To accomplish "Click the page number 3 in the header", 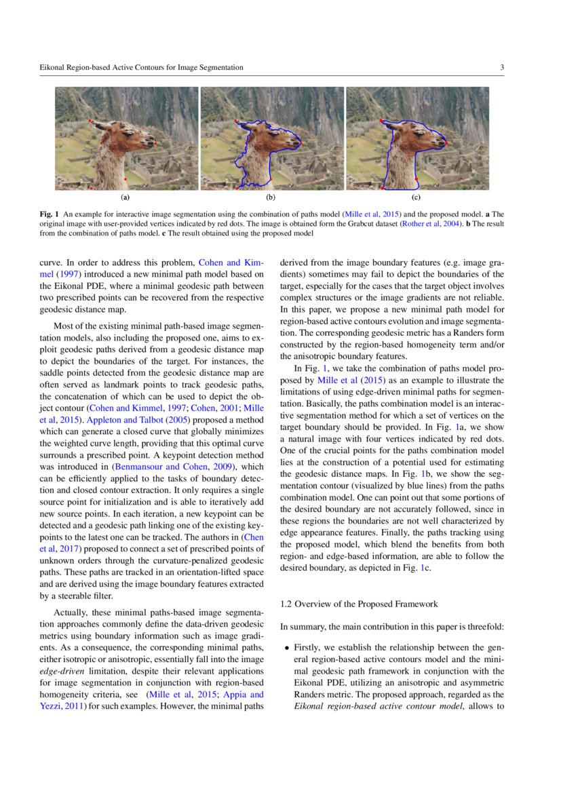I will click(501, 67).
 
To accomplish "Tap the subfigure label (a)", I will click(125, 197).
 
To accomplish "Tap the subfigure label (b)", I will click(271, 197).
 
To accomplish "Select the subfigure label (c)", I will click(416, 197).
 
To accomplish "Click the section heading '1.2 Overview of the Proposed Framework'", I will click(359, 603).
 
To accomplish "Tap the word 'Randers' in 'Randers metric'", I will click(309, 694).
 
